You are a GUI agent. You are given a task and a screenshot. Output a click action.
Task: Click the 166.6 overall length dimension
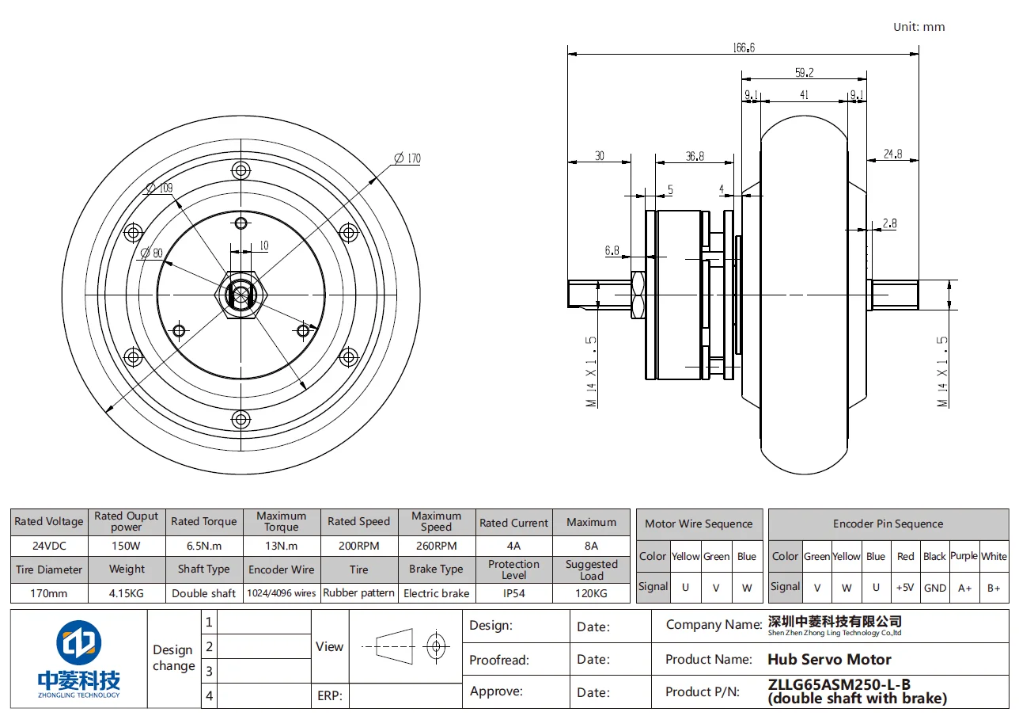click(744, 48)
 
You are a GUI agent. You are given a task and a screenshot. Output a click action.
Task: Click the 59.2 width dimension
click(804, 73)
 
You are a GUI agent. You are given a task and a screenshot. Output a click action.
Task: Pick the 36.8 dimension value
click(695, 156)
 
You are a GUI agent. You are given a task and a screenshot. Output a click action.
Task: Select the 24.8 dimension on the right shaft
click(892, 154)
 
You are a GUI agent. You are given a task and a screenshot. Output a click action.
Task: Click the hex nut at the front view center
click(241, 295)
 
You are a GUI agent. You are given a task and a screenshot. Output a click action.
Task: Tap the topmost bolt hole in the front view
click(241, 170)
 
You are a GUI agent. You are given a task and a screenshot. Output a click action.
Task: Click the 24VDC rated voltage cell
click(49, 546)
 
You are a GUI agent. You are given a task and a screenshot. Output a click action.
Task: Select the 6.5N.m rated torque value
click(204, 546)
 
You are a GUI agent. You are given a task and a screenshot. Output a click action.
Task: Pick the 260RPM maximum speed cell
click(436, 546)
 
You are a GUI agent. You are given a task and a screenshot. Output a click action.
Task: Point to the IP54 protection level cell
click(513, 592)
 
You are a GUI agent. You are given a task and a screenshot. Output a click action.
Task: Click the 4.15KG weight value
click(127, 592)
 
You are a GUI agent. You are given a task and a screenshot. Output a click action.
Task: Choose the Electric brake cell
click(436, 592)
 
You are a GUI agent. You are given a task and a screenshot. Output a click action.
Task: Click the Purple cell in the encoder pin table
click(964, 556)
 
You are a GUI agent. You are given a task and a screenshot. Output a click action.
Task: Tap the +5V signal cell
click(905, 588)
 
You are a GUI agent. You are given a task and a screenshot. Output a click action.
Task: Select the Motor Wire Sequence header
click(699, 524)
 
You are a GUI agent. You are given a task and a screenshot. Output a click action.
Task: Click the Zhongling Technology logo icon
click(78, 643)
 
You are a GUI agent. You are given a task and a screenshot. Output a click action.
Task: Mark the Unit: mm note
click(919, 26)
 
